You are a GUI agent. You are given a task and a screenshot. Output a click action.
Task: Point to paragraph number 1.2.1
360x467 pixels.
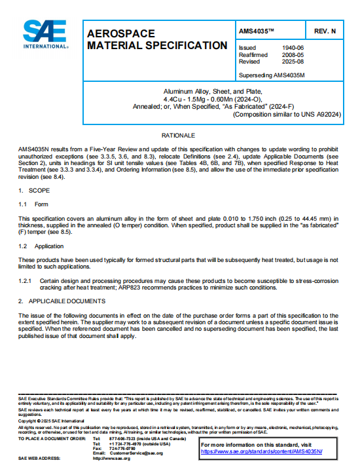(26, 280)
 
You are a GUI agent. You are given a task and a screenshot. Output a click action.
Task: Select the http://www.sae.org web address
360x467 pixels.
(111, 458)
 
